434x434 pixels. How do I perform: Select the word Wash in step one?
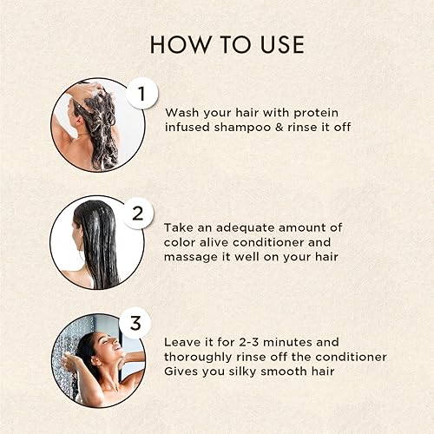(181, 112)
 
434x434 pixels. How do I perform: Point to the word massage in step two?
(189, 257)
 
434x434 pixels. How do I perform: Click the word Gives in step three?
(182, 372)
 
